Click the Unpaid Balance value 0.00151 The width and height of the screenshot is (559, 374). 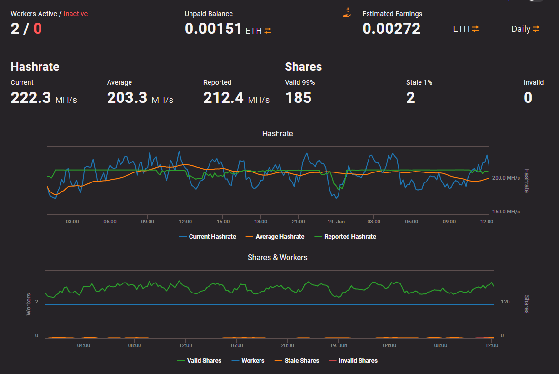tap(213, 29)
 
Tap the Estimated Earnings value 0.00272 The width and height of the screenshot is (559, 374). tap(391, 29)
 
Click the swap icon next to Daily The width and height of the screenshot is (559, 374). tap(537, 29)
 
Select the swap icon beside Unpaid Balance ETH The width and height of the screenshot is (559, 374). tap(268, 30)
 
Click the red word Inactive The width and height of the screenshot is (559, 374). tap(76, 14)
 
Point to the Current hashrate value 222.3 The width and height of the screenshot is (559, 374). tap(31, 98)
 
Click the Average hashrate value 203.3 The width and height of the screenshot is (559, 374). tap(127, 98)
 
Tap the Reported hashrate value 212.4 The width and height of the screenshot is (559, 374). tap(223, 98)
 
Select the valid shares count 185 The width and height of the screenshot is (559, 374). tap(299, 98)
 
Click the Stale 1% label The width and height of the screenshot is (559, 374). tap(419, 82)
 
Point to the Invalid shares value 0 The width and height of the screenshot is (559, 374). tap(528, 98)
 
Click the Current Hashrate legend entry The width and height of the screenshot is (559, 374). tap(208, 237)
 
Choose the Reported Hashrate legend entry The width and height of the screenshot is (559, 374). tap(345, 237)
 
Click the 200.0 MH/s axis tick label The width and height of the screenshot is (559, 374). tap(506, 178)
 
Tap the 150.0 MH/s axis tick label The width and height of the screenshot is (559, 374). tap(506, 212)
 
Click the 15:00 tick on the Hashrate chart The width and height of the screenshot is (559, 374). tap(223, 222)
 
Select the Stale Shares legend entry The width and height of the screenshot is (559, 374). tap(297, 361)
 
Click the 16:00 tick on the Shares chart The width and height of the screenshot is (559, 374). tap(236, 345)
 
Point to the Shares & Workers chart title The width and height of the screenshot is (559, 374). tap(278, 258)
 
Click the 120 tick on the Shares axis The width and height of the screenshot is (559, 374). tap(505, 302)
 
